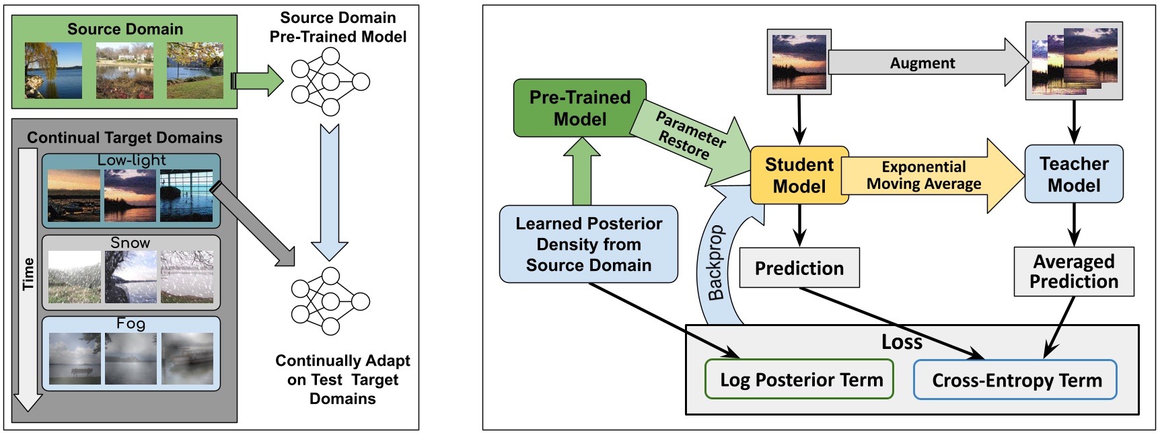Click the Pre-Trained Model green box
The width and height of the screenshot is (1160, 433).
click(x=579, y=108)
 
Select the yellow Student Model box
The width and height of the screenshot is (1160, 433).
click(x=799, y=175)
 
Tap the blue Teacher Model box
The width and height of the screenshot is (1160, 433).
click(x=1073, y=174)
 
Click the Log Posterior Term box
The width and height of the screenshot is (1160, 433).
click(x=799, y=380)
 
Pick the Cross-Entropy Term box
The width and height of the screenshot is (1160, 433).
click(x=1015, y=381)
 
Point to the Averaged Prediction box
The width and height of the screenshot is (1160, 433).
click(x=1073, y=272)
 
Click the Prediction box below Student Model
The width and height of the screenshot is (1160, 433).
click(x=799, y=268)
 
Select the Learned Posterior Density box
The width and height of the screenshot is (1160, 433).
click(x=588, y=244)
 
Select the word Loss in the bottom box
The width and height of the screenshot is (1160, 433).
click(x=901, y=342)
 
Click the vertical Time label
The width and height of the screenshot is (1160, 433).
click(x=28, y=274)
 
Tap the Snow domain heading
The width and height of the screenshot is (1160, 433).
click(x=130, y=243)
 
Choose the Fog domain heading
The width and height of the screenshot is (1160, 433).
click(x=131, y=323)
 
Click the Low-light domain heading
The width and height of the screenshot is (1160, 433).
click(x=131, y=160)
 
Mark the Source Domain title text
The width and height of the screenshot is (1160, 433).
click(x=125, y=29)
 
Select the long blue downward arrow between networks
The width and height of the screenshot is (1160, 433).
click(x=329, y=192)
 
